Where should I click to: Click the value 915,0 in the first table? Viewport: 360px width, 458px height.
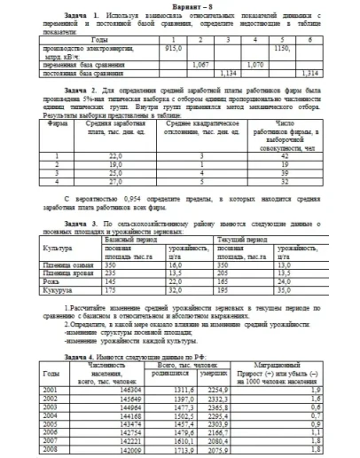tap(173, 49)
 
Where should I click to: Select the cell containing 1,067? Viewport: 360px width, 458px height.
tap(200, 64)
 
